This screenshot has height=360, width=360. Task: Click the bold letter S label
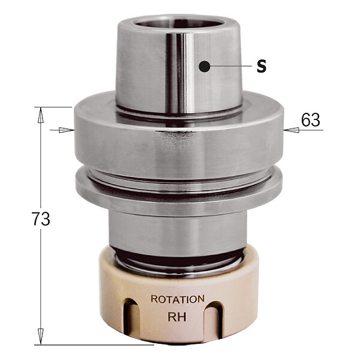[262, 67]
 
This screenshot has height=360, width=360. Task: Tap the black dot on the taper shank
[205, 67]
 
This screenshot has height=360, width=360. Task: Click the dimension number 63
[310, 120]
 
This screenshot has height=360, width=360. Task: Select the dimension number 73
[41, 218]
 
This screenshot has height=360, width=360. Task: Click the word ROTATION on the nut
[178, 299]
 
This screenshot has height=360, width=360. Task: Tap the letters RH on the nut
[177, 317]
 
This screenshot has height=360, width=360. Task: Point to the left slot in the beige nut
[131, 318]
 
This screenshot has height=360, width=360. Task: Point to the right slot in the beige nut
[214, 319]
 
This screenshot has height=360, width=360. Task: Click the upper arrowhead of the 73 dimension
[41, 115]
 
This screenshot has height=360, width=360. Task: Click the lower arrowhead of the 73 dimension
[41, 337]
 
